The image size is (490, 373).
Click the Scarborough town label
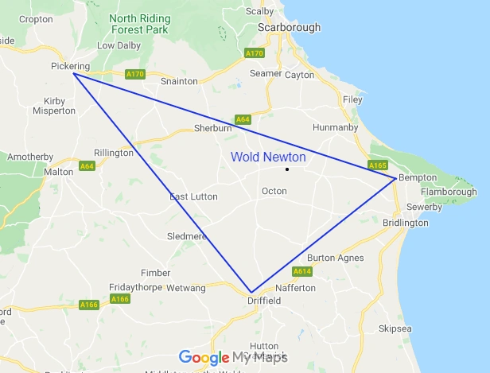(289, 27)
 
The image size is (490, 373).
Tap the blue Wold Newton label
(268, 157)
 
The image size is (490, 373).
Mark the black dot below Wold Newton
(287, 169)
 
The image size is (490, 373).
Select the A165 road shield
(378, 165)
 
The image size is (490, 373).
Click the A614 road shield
(301, 272)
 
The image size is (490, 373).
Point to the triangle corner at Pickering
(73, 75)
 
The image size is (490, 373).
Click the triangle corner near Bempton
(395, 179)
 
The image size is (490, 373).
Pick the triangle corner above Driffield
(251, 293)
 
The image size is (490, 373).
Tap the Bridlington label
(406, 223)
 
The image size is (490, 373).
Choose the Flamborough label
(449, 192)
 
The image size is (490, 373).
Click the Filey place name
(352, 100)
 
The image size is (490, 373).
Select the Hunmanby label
(336, 126)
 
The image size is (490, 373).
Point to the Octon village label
(274, 191)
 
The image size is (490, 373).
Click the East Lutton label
(193, 196)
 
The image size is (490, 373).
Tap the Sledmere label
(187, 237)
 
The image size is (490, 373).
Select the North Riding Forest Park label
(139, 23)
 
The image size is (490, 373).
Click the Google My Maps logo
(233, 357)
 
